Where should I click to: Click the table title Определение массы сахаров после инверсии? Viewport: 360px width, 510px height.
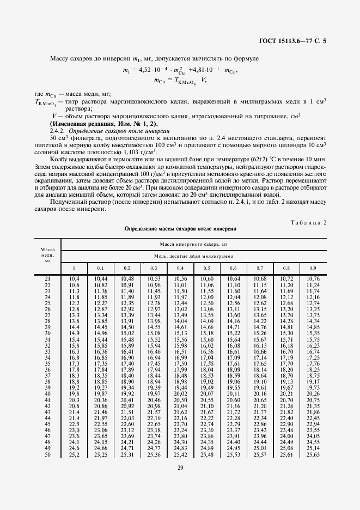click(180, 229)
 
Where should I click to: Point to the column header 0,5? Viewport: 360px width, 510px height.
click(207, 268)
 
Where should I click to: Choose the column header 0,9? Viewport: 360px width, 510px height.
click(312, 268)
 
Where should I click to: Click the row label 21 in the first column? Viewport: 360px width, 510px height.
click(47, 279)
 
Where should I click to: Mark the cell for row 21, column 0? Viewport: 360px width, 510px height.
click(75, 279)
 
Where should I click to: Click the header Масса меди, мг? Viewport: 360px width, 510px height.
click(47, 253)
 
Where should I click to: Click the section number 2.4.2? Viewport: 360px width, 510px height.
click(57, 131)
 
